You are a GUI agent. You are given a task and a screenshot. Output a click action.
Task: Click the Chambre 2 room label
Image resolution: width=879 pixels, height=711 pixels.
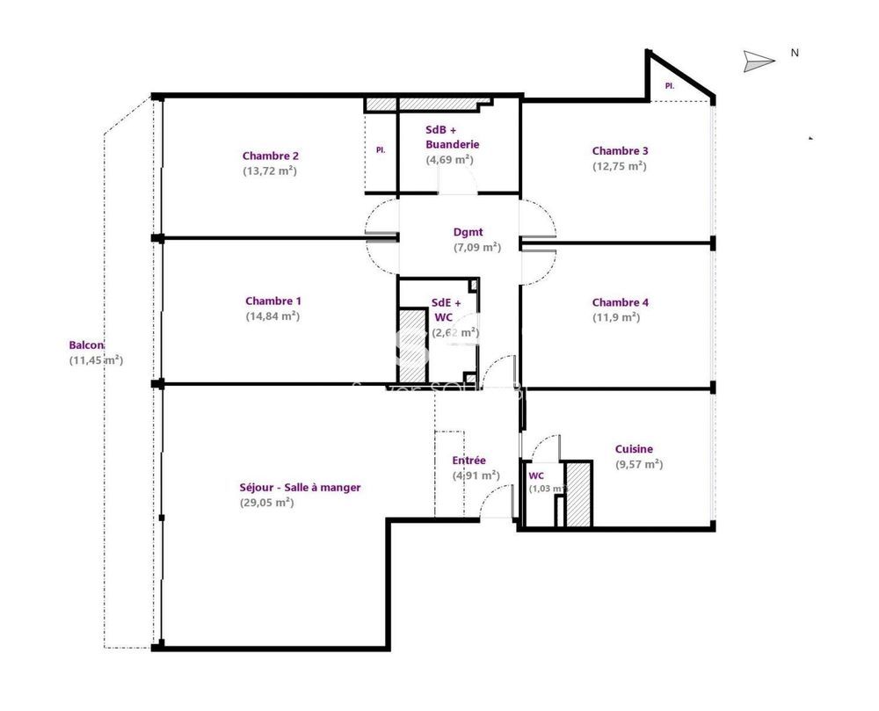pyautogui.click(x=270, y=156)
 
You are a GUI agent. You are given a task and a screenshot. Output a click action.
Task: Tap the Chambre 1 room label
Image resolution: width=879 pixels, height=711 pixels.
pyautogui.click(x=272, y=301)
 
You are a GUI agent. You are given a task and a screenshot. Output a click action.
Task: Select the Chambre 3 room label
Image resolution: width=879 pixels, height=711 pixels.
pyautogui.click(x=620, y=150)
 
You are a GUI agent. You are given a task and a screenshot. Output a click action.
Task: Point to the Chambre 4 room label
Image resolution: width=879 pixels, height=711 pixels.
pyautogui.click(x=620, y=302)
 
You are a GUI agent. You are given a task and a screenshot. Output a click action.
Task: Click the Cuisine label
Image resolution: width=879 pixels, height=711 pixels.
pyautogui.click(x=634, y=449)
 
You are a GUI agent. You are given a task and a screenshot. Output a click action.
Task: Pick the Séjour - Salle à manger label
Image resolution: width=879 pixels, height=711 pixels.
pyautogui.click(x=300, y=487)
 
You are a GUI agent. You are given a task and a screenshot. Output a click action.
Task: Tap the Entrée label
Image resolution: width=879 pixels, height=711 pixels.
pyautogui.click(x=469, y=461)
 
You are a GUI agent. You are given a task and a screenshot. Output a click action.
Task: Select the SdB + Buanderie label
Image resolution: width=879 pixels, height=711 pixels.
pyautogui.click(x=452, y=136)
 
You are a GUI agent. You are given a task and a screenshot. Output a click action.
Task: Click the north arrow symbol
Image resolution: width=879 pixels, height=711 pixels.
pyautogui.click(x=759, y=60)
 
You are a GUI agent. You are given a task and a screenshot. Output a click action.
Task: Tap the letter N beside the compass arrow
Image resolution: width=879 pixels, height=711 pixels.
pyautogui.click(x=795, y=53)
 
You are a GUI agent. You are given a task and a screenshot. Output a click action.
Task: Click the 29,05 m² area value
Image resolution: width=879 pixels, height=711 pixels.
pyautogui.click(x=266, y=503)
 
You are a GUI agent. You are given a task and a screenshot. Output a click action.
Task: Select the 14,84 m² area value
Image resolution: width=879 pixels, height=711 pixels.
pyautogui.click(x=272, y=316)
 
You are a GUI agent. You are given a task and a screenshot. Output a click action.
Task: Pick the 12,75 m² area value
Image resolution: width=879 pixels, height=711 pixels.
pyautogui.click(x=620, y=166)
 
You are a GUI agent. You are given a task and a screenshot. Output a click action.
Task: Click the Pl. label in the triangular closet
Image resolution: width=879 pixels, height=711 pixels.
pyautogui.click(x=669, y=85)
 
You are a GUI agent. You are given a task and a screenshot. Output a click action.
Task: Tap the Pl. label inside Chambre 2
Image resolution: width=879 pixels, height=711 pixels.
pyautogui.click(x=381, y=150)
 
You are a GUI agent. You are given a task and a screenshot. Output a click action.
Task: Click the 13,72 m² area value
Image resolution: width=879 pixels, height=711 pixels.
pyautogui.click(x=270, y=171)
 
